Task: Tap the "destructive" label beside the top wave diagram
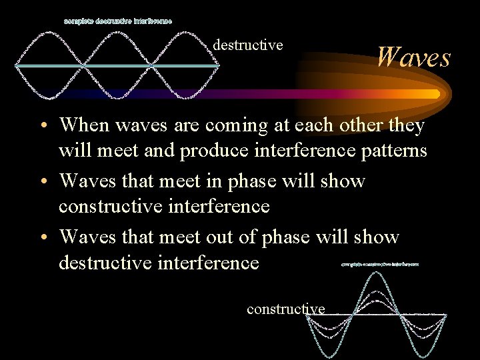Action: tap(248, 45)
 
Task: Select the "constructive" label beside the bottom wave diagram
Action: tap(285, 309)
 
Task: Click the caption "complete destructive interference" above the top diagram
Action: tap(118, 21)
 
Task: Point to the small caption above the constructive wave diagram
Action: tap(379, 264)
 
